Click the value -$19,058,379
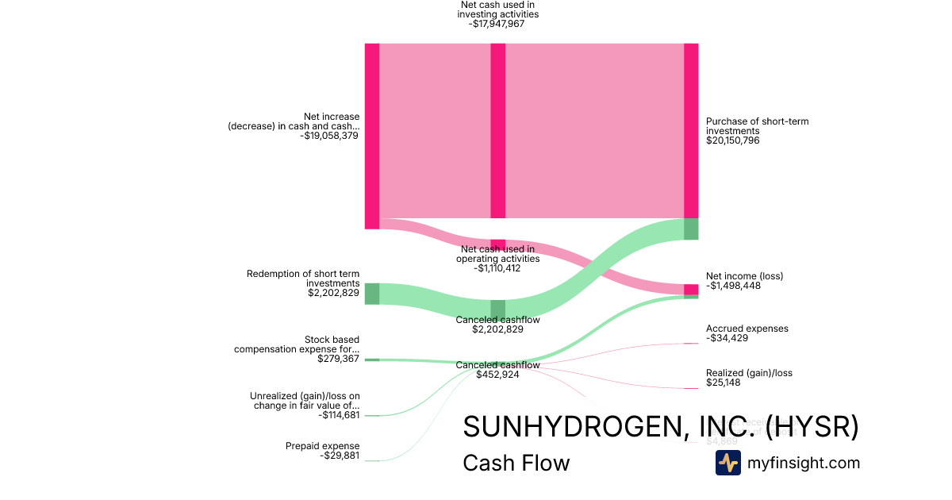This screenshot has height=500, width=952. pos(329,136)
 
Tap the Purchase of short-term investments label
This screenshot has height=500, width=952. pos(758,126)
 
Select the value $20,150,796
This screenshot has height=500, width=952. pos(734,140)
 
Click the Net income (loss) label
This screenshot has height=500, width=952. pos(744,276)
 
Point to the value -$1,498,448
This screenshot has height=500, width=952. pos(733,286)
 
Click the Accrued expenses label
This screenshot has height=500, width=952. pos(747,329)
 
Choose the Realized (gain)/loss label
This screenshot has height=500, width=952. pos(749,373)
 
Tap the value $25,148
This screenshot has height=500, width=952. pos(724,383)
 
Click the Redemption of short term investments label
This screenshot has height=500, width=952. pos(303,279)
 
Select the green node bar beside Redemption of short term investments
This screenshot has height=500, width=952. pos(371,294)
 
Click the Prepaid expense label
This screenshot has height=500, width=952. pos(322,446)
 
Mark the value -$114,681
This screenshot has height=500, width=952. pos(339,414)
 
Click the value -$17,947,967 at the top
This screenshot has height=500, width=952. pos(497,24)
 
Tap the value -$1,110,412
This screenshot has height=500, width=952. pos(497,268)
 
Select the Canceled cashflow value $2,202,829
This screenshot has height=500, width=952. pos(497,329)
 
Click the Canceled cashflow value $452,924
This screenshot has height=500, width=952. pos(497,375)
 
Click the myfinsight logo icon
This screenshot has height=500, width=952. pos(728,463)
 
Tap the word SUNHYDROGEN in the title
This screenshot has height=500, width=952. pos(569,427)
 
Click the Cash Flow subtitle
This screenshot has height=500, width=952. pos(516,463)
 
